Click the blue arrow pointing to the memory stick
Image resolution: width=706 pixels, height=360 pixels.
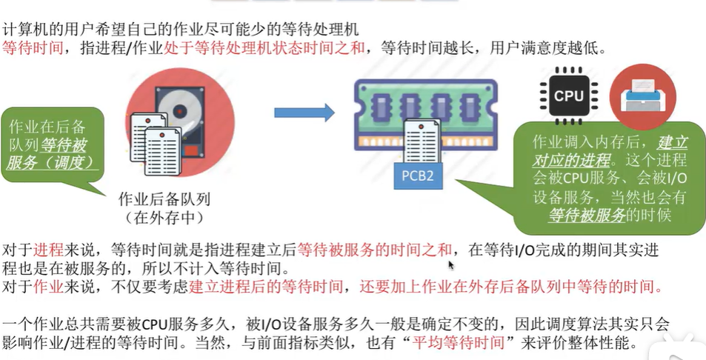click(304, 113)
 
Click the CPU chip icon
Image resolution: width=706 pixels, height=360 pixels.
click(568, 96)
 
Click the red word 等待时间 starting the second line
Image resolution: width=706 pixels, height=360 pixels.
click(30, 49)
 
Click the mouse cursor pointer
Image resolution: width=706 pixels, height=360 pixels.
click(450, 265)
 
